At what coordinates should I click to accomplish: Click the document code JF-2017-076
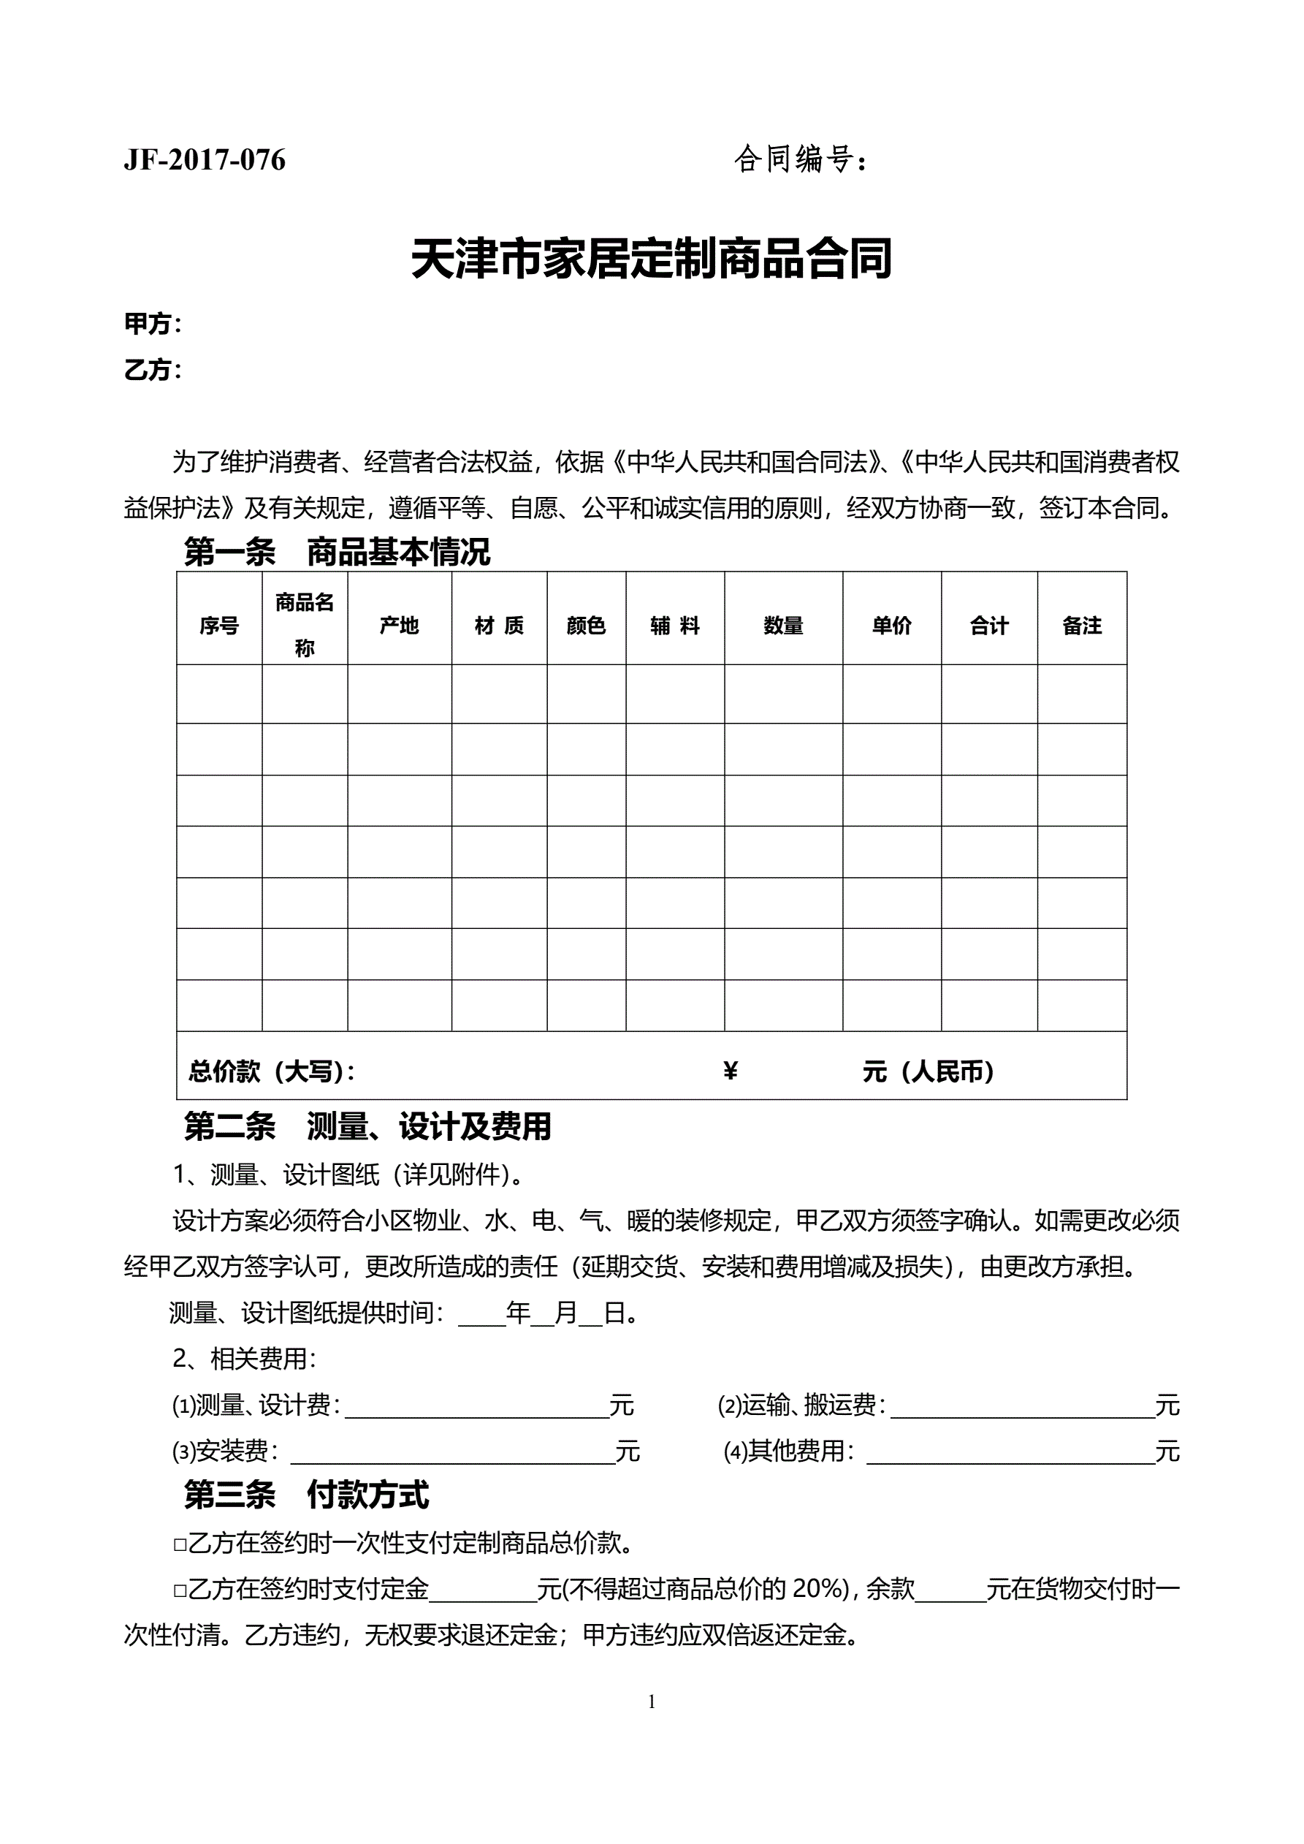(x=205, y=160)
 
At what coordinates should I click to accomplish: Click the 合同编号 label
(x=799, y=159)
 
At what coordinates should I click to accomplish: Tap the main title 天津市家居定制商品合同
(x=651, y=259)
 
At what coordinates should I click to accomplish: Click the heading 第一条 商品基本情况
(x=337, y=552)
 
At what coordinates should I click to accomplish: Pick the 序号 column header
(x=219, y=625)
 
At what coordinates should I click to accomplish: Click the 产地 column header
(x=399, y=625)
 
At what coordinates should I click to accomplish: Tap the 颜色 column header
(x=586, y=625)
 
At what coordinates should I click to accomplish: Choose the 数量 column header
(x=783, y=625)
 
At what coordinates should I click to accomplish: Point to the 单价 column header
(x=891, y=625)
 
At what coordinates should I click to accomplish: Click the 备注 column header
(x=1082, y=625)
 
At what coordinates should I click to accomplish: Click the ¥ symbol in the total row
(x=730, y=1071)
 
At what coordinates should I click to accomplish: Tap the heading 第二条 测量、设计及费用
(x=367, y=1127)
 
